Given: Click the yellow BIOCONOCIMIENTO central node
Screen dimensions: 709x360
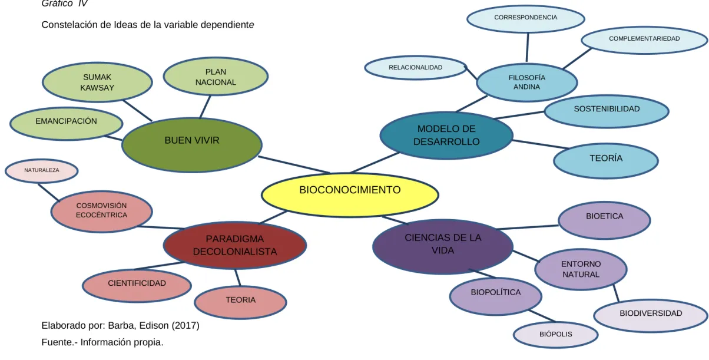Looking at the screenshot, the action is [x=350, y=194].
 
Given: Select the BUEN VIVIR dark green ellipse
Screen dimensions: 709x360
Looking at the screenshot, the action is [x=192, y=145].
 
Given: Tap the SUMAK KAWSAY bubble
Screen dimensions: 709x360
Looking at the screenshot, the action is [x=97, y=82].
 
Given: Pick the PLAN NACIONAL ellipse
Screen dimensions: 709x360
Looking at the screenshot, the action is [x=216, y=77].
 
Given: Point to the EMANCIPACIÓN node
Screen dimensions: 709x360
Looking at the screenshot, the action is [x=66, y=124].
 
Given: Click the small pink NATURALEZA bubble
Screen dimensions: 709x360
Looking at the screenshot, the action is [x=41, y=171].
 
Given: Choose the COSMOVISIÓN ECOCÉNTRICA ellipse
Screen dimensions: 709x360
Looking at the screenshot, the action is [x=102, y=212].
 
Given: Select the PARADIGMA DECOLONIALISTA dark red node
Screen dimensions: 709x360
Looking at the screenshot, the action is [x=235, y=245].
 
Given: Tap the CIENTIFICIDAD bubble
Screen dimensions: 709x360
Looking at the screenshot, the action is [x=137, y=286].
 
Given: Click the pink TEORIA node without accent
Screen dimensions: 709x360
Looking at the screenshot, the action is [x=240, y=302].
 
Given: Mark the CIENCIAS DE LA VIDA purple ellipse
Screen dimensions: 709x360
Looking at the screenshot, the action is [x=443, y=246].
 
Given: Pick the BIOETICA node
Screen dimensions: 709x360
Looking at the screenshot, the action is [x=604, y=220].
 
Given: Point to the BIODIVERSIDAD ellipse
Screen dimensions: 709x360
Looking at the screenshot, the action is [x=651, y=316].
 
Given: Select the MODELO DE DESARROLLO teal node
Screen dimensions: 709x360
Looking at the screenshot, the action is [x=446, y=136].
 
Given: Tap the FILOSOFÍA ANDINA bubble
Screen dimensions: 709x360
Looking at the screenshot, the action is [x=526, y=82].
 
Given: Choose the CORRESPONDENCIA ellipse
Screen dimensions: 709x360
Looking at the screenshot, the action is [x=526, y=19].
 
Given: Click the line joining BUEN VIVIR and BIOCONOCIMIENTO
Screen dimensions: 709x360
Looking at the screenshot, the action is [x=294, y=164].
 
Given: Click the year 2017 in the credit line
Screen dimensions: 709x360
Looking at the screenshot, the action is [x=185, y=325].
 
